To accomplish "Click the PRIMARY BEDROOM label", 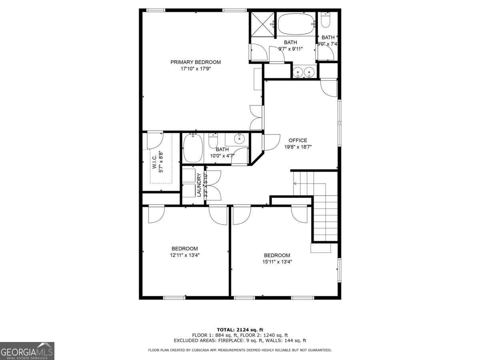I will [196, 62].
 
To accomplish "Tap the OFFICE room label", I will [298, 140].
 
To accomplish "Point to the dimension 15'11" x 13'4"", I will [277, 262].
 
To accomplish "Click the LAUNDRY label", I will [199, 185].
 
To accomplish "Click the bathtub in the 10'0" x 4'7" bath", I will [193, 148].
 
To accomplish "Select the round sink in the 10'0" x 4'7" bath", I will [239, 140].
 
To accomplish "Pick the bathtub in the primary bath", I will [296, 24].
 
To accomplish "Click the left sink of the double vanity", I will [297, 72].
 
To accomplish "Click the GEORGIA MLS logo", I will [27, 351].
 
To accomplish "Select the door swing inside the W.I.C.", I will [154, 140].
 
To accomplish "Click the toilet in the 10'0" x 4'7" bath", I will [213, 141].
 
